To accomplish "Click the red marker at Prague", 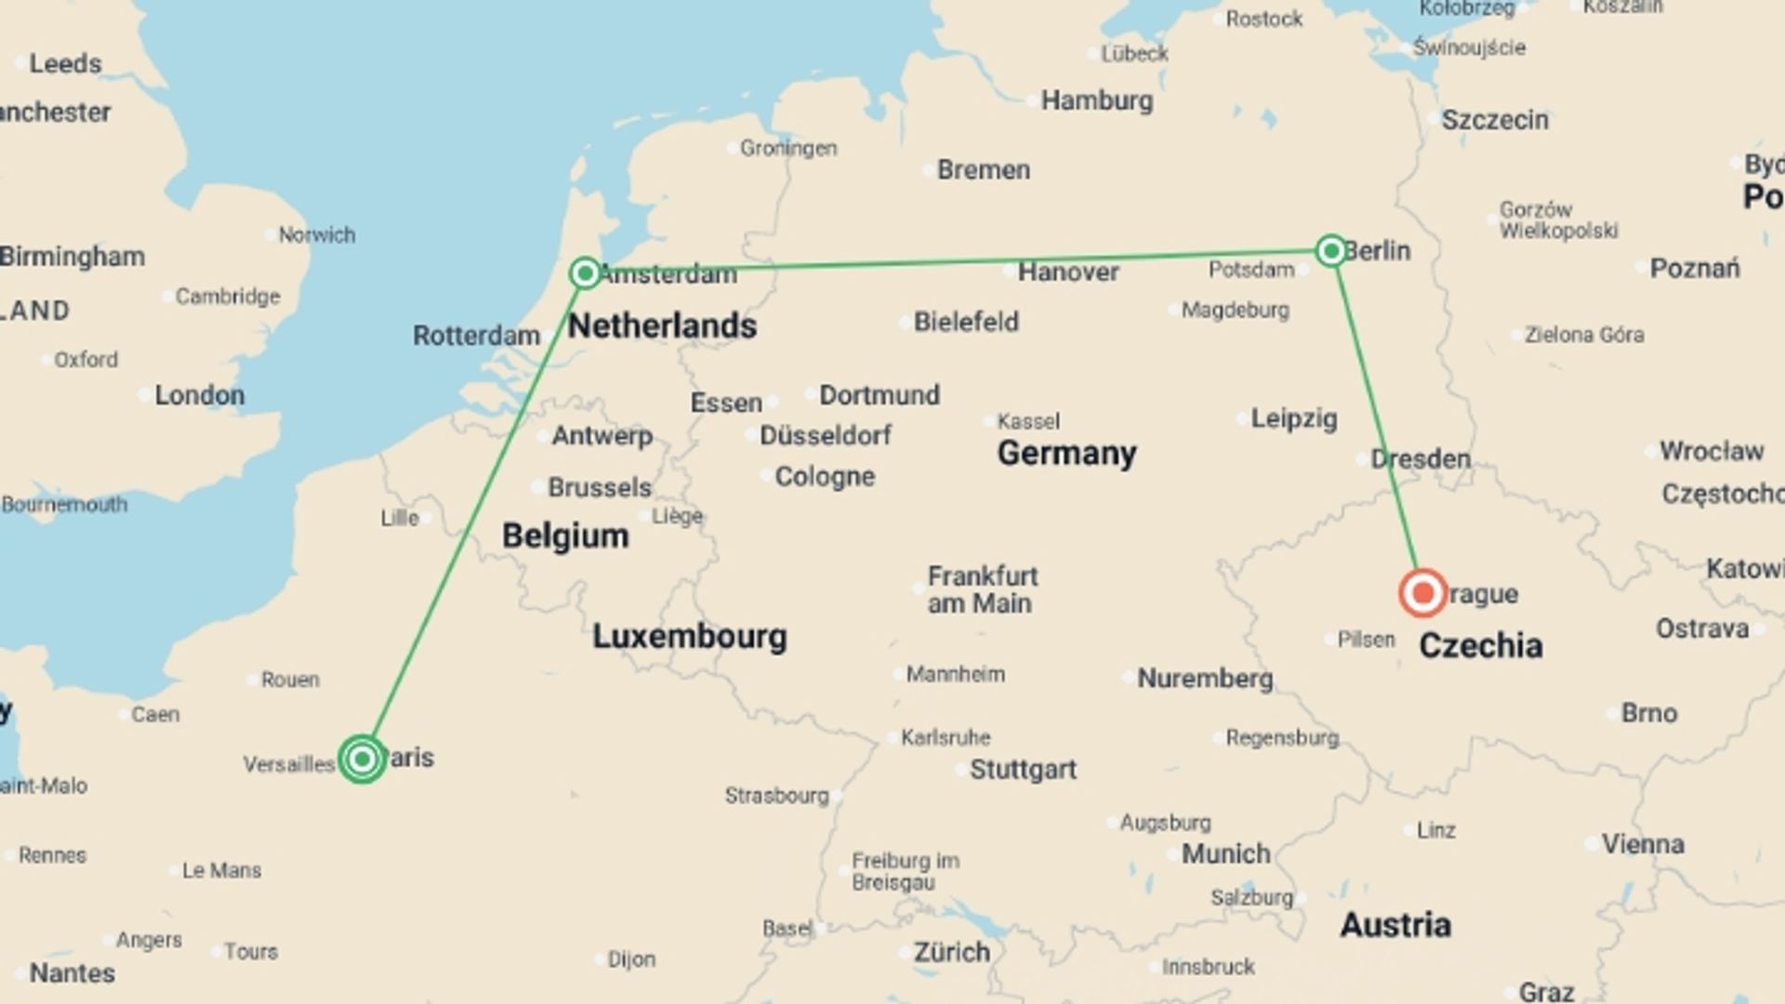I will click(1422, 593).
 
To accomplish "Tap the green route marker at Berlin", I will click(1330, 250).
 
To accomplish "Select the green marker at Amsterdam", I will click(585, 272).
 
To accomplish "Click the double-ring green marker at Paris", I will click(362, 760).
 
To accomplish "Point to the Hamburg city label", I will click(1096, 100).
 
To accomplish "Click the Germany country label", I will click(1066, 454).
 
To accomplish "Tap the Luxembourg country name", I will click(689, 637).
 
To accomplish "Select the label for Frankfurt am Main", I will click(982, 589).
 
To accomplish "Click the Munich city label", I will click(1225, 853).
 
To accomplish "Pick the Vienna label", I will click(1642, 844).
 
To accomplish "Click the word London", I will click(199, 395).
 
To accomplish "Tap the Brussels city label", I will click(599, 487).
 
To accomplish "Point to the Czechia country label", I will click(1480, 646).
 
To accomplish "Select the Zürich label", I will click(951, 952).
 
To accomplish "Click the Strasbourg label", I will click(776, 796).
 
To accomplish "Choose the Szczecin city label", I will click(1494, 120).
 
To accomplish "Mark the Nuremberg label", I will click(1205, 679).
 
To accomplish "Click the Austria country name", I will click(1395, 925).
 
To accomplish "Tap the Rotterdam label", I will click(476, 336).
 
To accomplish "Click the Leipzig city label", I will click(1293, 418).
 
